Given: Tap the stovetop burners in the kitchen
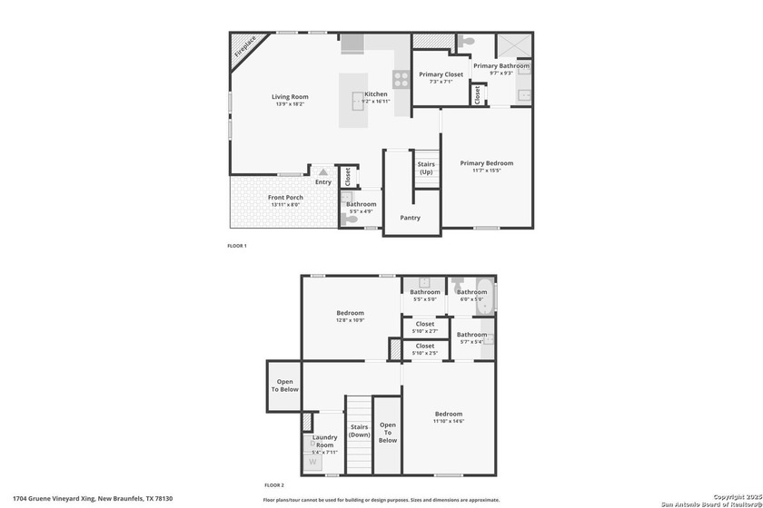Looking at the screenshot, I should coord(400,78).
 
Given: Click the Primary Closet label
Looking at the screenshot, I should coord(441,74).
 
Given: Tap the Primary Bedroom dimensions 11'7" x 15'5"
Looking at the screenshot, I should coord(486,171).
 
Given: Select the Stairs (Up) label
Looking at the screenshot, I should coord(426,169).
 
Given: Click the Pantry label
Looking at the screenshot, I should coord(411,218).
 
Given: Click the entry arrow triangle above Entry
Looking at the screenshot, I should coord(322,171).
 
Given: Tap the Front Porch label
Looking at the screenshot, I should coord(285,198).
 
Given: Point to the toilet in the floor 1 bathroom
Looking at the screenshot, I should coord(351,219).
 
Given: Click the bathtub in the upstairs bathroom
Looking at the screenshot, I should coord(484,297).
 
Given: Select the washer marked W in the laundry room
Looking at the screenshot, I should coord(313,461).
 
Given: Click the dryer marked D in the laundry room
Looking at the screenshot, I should coord(312,444).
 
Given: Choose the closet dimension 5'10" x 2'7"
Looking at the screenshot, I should coord(425,330).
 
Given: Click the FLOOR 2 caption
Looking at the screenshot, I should coord(274,485).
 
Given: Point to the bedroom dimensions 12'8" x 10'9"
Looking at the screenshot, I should coord(350,320).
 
